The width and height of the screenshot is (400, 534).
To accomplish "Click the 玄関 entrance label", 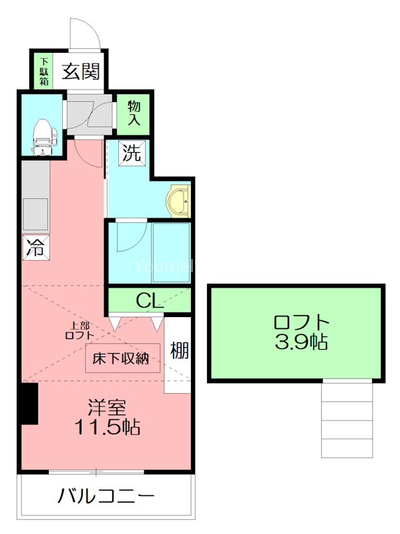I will (x=81, y=71).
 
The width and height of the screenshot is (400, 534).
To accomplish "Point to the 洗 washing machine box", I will (x=132, y=154).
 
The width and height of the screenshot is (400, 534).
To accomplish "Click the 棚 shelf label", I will (x=178, y=350).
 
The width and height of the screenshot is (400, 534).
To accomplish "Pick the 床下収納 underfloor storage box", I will (x=122, y=359).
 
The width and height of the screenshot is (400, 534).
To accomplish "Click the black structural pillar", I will (x=27, y=404).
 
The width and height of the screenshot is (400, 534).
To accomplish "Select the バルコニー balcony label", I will (x=106, y=497).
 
